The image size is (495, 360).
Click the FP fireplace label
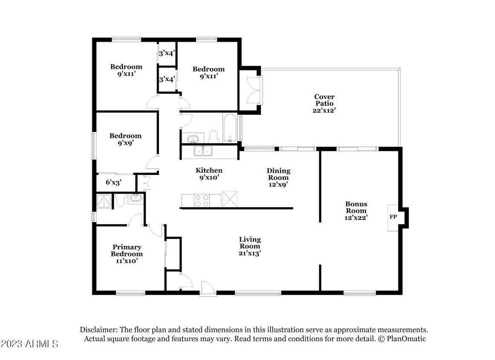tap(393, 217)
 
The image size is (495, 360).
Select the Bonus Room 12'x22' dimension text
tap(356, 218)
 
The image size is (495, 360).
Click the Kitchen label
tap(209, 170)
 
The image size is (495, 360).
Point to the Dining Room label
tap(278, 174)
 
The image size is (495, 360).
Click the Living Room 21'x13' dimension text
tap(249, 253)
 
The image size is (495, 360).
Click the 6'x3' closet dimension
tap(113, 183)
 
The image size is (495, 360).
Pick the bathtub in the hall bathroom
tap(230, 128)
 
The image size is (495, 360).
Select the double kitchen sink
tap(203, 151)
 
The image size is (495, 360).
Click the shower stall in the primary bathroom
tap(104, 201)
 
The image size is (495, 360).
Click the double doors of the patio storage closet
tap(254, 90)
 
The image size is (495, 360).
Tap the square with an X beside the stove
tap(230, 199)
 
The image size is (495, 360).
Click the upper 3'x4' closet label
tap(167, 53)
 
